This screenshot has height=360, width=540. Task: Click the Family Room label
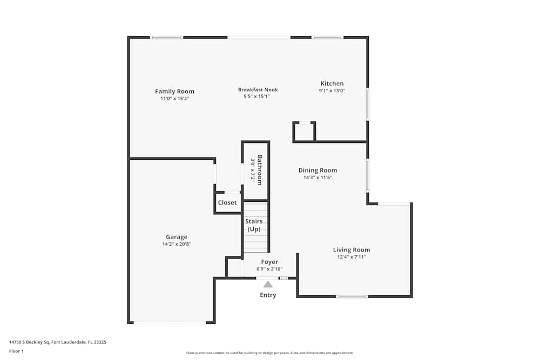[174, 91]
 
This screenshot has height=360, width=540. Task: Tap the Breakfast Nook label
[258, 90]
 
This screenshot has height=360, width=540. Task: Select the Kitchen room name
[332, 83]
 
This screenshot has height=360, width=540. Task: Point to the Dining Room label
[318, 170]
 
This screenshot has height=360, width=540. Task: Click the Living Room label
[352, 249]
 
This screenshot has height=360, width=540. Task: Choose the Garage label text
[177, 236]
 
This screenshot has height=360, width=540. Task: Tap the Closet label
[227, 203]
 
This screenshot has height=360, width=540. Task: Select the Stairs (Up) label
[254, 225]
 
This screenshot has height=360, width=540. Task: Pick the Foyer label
[269, 262]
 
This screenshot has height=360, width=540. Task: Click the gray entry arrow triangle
[268, 284]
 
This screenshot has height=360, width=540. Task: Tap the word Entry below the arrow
[268, 295]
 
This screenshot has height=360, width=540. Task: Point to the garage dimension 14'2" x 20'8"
[177, 244]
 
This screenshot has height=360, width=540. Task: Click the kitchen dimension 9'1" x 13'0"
[332, 91]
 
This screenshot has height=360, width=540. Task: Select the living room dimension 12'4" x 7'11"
[352, 257]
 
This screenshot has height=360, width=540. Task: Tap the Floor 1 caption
[16, 351]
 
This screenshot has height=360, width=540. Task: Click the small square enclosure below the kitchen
[305, 132]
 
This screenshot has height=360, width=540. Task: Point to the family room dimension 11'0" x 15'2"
[174, 99]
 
